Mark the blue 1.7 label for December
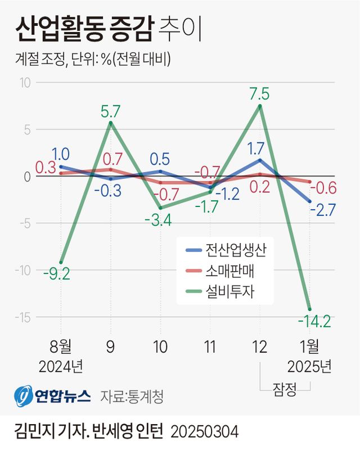click(259, 149)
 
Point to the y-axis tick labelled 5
click(26, 129)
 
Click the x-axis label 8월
click(61, 346)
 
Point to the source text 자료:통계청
click(132, 397)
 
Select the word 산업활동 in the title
click(54, 29)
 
